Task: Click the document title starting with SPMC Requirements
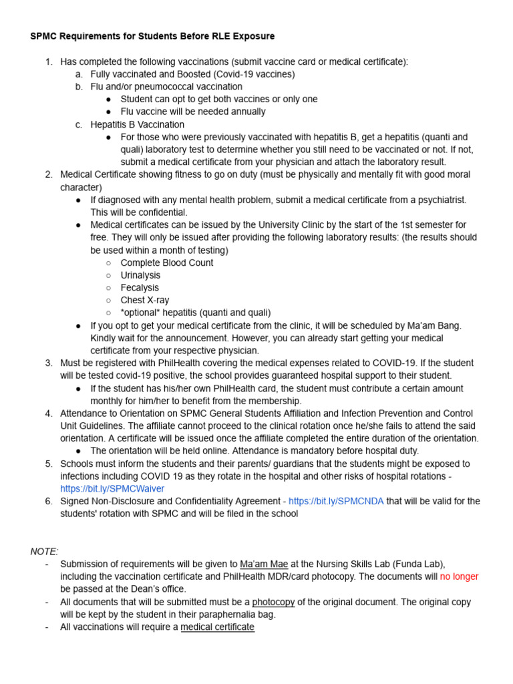(152, 36)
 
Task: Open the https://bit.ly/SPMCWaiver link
(112, 489)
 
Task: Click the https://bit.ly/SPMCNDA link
(336, 502)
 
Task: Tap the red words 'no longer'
(459, 576)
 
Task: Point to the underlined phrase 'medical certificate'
(217, 627)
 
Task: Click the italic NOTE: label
(44, 551)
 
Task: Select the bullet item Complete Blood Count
(167, 263)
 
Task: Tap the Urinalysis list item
(140, 275)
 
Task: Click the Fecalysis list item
(140, 288)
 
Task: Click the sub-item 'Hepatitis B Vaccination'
(138, 124)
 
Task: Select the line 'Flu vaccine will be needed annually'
(193, 112)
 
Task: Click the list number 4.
(49, 413)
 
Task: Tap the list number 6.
(49, 502)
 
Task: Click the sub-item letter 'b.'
(79, 87)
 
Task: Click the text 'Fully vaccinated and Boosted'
(154, 74)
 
